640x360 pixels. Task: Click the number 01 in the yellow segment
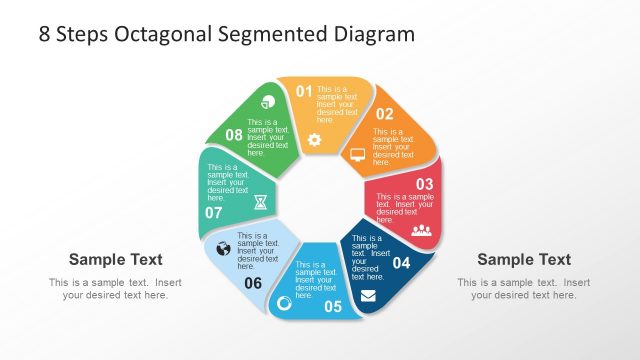305,92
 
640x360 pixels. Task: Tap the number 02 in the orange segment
384,114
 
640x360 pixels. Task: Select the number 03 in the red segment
424,184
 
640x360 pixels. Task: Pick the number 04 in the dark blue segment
401,263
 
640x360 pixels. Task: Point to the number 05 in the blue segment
333,306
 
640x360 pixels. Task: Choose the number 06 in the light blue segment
253,283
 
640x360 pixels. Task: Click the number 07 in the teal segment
214,213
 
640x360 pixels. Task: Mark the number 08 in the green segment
234,134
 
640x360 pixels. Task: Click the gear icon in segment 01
314,140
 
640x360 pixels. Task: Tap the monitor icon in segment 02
358,155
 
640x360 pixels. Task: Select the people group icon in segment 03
421,230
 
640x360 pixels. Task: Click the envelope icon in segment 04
369,295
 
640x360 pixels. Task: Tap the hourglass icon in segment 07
260,201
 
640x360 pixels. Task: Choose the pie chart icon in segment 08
267,102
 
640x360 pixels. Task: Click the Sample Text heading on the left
115,259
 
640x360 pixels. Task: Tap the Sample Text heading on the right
524,259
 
